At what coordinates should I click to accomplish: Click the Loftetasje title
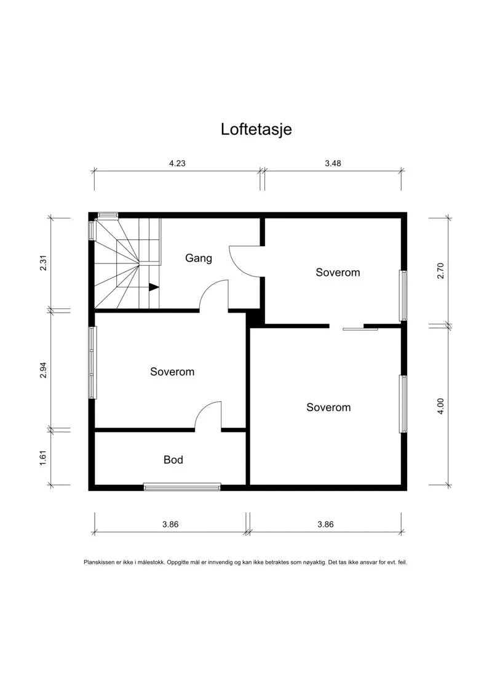pyautogui.click(x=256, y=129)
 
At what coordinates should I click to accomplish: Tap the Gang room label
pyautogui.click(x=198, y=258)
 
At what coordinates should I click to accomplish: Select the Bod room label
pyautogui.click(x=173, y=460)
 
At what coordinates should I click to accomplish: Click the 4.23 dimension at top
pyautogui.click(x=177, y=163)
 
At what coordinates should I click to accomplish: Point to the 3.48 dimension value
pyautogui.click(x=333, y=163)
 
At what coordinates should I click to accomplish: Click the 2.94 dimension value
pyautogui.click(x=43, y=370)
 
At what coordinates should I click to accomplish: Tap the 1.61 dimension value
pyautogui.click(x=43, y=458)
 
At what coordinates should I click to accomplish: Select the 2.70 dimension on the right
pyautogui.click(x=440, y=271)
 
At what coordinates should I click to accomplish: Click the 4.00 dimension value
pyautogui.click(x=440, y=406)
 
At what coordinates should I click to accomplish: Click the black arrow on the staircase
pyautogui.click(x=154, y=287)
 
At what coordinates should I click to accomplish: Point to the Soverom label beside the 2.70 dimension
pyautogui.click(x=338, y=272)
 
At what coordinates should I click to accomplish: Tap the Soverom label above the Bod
pyautogui.click(x=172, y=372)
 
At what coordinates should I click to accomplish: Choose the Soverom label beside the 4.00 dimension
pyautogui.click(x=328, y=407)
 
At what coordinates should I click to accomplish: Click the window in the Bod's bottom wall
pyautogui.click(x=182, y=487)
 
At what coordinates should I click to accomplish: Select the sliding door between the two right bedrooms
pyautogui.click(x=360, y=329)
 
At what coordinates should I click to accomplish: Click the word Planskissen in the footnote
pyautogui.click(x=100, y=562)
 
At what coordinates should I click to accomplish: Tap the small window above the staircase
pyautogui.click(x=108, y=215)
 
